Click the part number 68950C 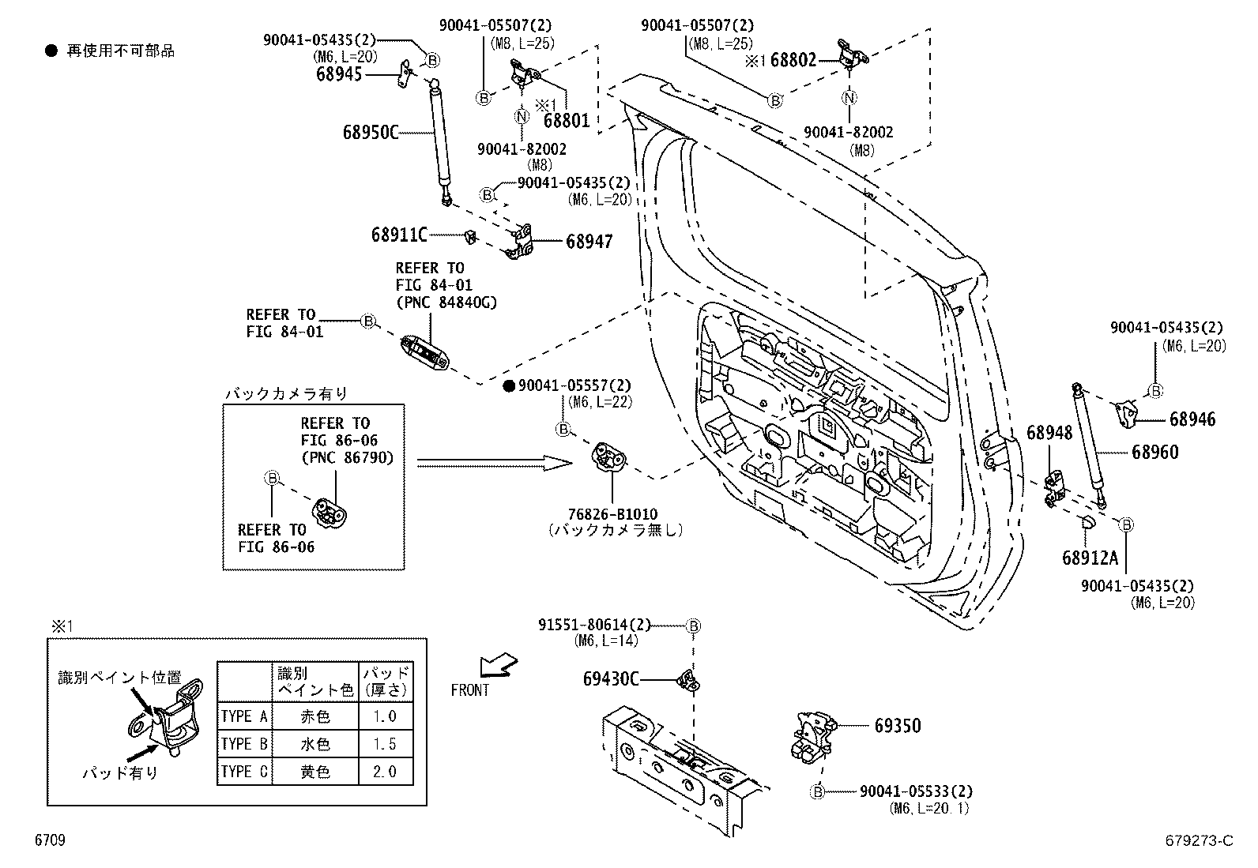pyautogui.click(x=370, y=132)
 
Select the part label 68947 pyautogui.click(x=589, y=241)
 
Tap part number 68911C pyautogui.click(x=399, y=235)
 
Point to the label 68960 pyautogui.click(x=1154, y=452)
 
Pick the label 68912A pyautogui.click(x=1090, y=558)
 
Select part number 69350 pyautogui.click(x=897, y=725)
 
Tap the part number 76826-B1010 pyautogui.click(x=612, y=514)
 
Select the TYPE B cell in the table pyautogui.click(x=244, y=744)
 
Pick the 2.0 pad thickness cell pyautogui.click(x=385, y=772)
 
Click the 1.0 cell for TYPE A pyautogui.click(x=385, y=716)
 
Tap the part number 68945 pyautogui.click(x=339, y=74)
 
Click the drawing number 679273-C pyautogui.click(x=1198, y=840)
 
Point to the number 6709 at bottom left pyautogui.click(x=49, y=840)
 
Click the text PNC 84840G pyautogui.click(x=446, y=302)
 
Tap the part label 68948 pyautogui.click(x=1049, y=432)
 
